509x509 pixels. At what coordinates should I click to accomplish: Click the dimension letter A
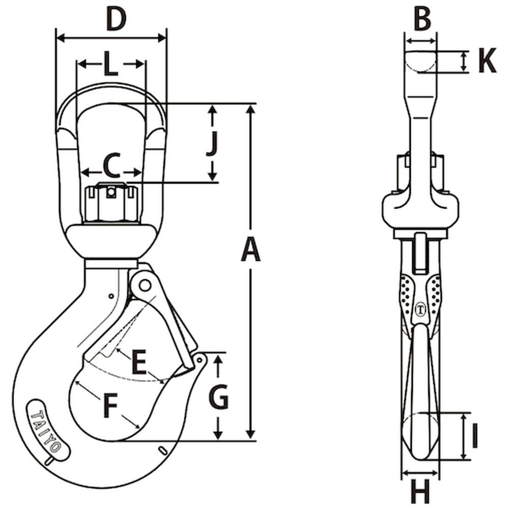(250, 251)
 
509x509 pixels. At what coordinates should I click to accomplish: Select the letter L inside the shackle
(111, 64)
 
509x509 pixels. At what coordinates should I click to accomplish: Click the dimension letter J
(213, 144)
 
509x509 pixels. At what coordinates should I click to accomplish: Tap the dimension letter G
(218, 397)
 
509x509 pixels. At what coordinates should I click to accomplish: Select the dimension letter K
(487, 62)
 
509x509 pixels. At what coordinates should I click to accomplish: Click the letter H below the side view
(420, 493)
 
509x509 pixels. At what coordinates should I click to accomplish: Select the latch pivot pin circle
(144, 285)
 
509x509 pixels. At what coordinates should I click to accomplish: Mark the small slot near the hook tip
(162, 449)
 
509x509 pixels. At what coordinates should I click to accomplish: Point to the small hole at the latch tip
(200, 360)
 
